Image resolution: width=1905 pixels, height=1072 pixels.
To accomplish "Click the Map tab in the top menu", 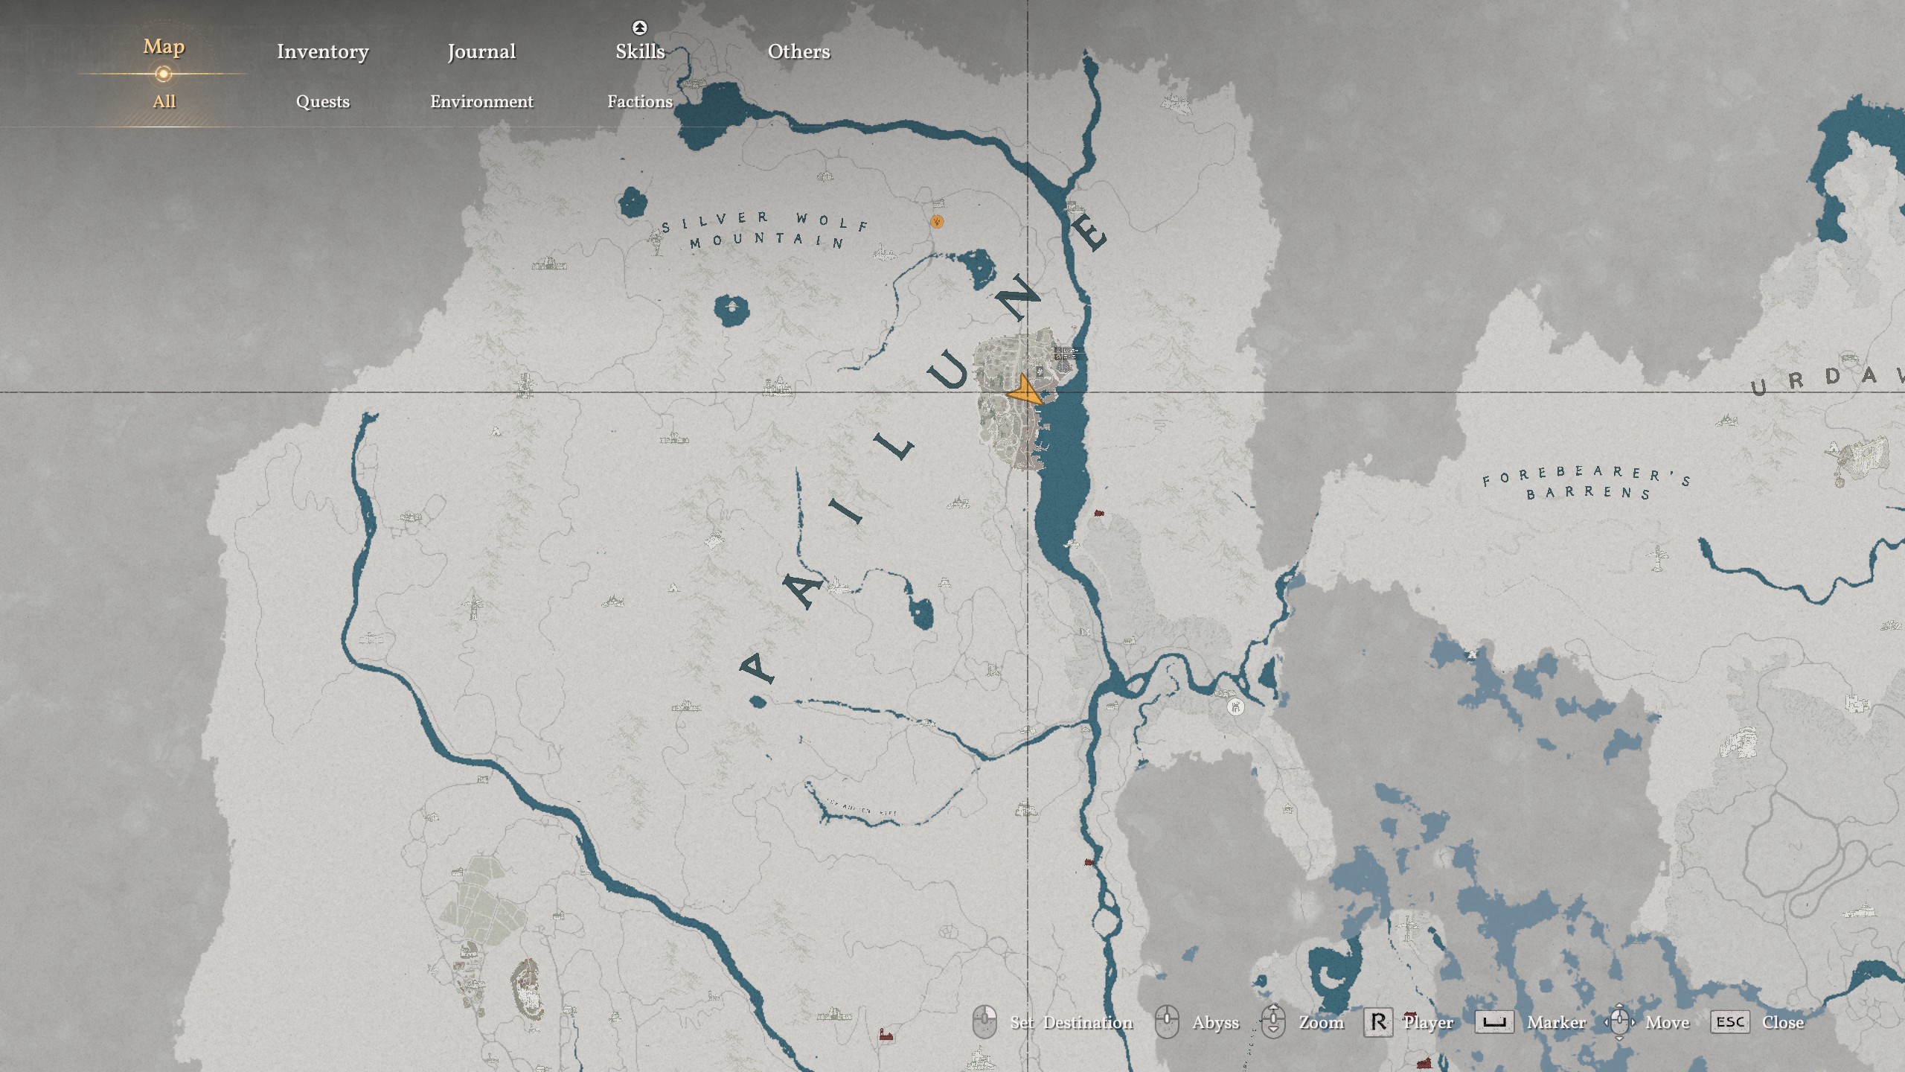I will pyautogui.click(x=164, y=47).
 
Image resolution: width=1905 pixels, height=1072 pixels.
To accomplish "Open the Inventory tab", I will pyautogui.click(x=322, y=51).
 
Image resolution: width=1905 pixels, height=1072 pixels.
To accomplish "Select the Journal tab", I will pyautogui.click(x=481, y=51).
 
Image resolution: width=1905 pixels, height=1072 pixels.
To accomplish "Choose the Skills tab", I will pyautogui.click(x=640, y=51).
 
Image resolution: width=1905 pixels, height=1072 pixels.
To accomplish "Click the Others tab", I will pyautogui.click(x=798, y=51).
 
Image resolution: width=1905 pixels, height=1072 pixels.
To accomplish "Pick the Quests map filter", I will pyautogui.click(x=322, y=101).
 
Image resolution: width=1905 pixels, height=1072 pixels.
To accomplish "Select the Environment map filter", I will pyautogui.click(x=481, y=101).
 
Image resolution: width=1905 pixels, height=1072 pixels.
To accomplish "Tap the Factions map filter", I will pyautogui.click(x=640, y=101).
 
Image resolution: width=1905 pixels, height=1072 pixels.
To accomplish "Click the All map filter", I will pyautogui.click(x=164, y=101).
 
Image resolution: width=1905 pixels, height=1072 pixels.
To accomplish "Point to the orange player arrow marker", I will pyautogui.click(x=1025, y=392).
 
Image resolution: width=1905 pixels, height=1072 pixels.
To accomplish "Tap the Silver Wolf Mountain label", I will pyautogui.click(x=766, y=229).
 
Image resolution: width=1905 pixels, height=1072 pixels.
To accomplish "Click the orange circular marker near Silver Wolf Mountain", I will pyautogui.click(x=937, y=221).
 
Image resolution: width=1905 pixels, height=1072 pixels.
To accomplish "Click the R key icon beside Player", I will pyautogui.click(x=1377, y=1022).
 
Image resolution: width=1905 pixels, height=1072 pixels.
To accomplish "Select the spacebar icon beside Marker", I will pyautogui.click(x=1494, y=1022).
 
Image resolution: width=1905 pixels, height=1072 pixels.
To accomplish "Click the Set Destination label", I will pyautogui.click(x=1071, y=1023).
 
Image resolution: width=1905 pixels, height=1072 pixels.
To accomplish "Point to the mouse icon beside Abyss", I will pyautogui.click(x=1167, y=1022).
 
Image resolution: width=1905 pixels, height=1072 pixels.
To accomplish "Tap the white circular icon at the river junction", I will pyautogui.click(x=1235, y=707).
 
